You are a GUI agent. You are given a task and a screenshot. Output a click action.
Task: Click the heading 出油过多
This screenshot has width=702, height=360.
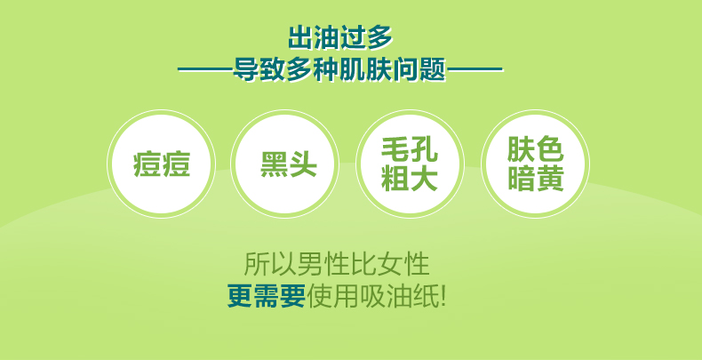pos(339,37)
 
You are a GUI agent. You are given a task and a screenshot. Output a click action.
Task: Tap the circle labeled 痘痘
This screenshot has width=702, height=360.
pos(161,164)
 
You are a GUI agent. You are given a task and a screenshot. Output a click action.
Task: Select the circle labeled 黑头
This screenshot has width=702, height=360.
pos(284,164)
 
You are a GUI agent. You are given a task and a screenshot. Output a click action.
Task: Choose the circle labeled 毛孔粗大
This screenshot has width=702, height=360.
pos(410,164)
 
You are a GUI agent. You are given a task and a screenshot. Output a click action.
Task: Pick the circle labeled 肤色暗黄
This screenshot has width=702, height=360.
pos(535,164)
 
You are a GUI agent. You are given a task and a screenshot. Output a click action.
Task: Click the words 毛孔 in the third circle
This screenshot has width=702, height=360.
pos(409,149)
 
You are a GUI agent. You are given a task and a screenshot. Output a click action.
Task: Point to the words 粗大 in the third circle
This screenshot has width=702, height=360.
pos(409,179)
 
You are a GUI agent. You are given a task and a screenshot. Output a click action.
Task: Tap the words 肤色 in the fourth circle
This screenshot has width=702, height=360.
pos(535,149)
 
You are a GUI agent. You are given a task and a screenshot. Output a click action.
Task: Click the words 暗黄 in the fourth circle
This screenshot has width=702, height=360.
pos(535,179)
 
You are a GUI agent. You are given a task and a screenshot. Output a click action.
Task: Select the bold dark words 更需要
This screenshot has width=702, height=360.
pos(267,296)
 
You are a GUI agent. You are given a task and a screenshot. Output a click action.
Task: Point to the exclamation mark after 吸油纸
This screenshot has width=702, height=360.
pos(443,296)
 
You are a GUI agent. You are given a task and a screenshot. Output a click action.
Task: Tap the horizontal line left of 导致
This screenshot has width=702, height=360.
pos(205,70)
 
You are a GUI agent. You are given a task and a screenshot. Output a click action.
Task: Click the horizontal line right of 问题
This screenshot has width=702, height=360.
pos(475,70)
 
